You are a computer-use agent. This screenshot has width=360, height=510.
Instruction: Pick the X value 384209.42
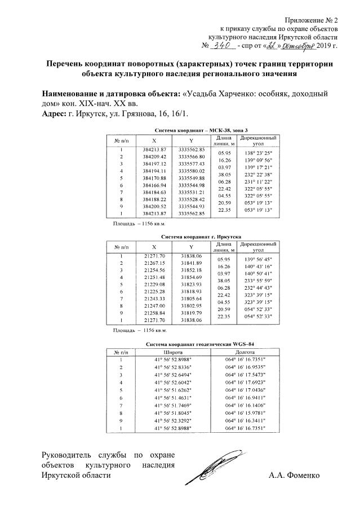[x=155, y=156]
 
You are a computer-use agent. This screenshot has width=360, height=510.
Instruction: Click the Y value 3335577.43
[x=191, y=163]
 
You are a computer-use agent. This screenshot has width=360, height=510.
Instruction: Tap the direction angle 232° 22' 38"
[x=257, y=175]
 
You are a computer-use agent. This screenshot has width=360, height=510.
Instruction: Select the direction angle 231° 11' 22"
[x=257, y=182]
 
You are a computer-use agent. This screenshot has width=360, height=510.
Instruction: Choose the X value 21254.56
[x=154, y=270]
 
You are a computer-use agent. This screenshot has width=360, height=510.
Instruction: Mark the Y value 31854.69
[x=191, y=277]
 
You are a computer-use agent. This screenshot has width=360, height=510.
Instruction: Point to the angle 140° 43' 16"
[x=257, y=266]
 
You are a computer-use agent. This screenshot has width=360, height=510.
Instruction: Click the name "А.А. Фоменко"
[x=295, y=475]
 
